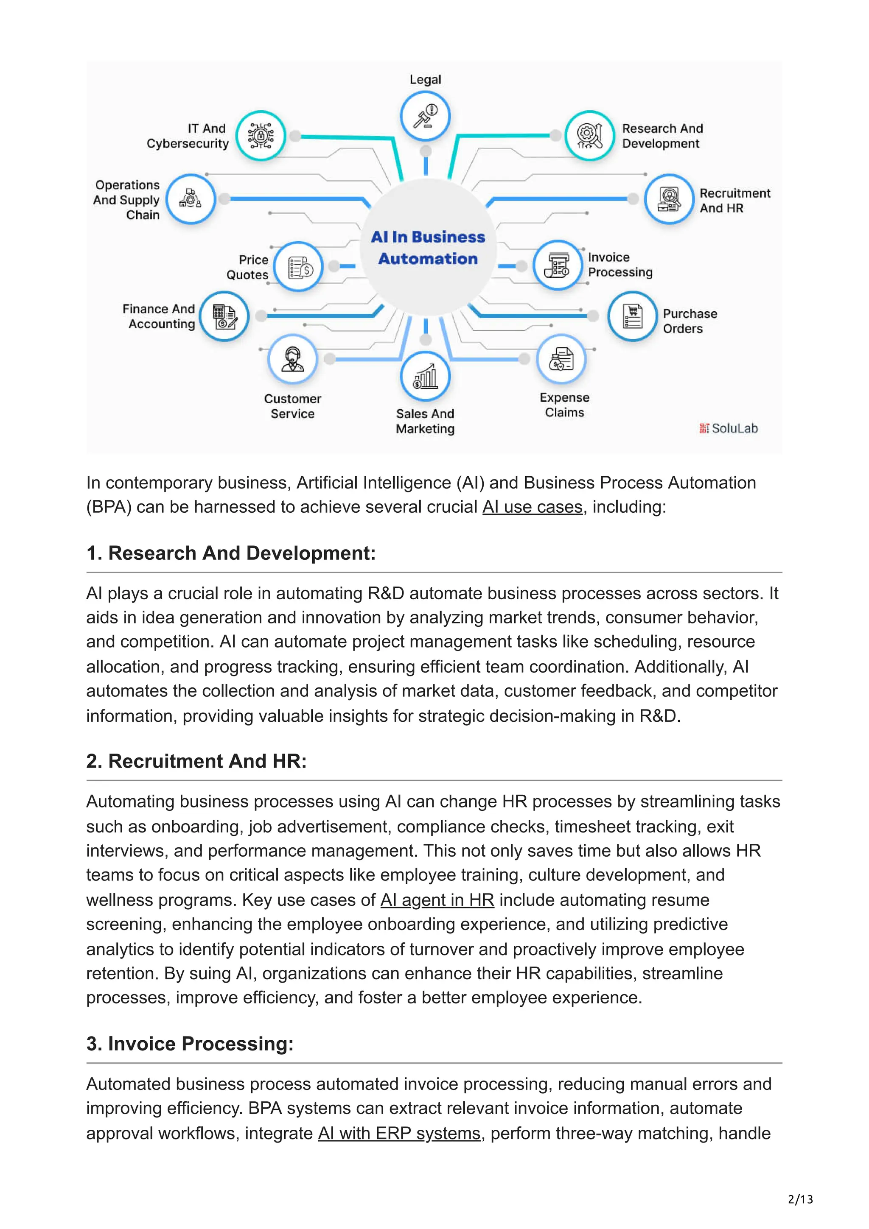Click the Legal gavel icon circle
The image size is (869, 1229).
click(x=425, y=116)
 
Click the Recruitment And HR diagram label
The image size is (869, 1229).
click(x=734, y=201)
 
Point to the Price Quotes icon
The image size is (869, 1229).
click(x=299, y=267)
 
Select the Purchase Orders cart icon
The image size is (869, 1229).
click(x=632, y=316)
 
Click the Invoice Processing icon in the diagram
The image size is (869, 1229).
click(x=558, y=265)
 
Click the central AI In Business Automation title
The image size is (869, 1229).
click(x=428, y=248)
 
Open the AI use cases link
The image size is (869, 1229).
click(x=532, y=507)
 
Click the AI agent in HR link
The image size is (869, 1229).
click(x=437, y=900)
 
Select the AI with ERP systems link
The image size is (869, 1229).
click(x=399, y=1133)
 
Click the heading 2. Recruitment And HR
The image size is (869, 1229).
click(x=196, y=761)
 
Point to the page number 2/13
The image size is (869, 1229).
click(x=800, y=1199)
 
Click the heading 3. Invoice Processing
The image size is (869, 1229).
click(x=190, y=1044)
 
